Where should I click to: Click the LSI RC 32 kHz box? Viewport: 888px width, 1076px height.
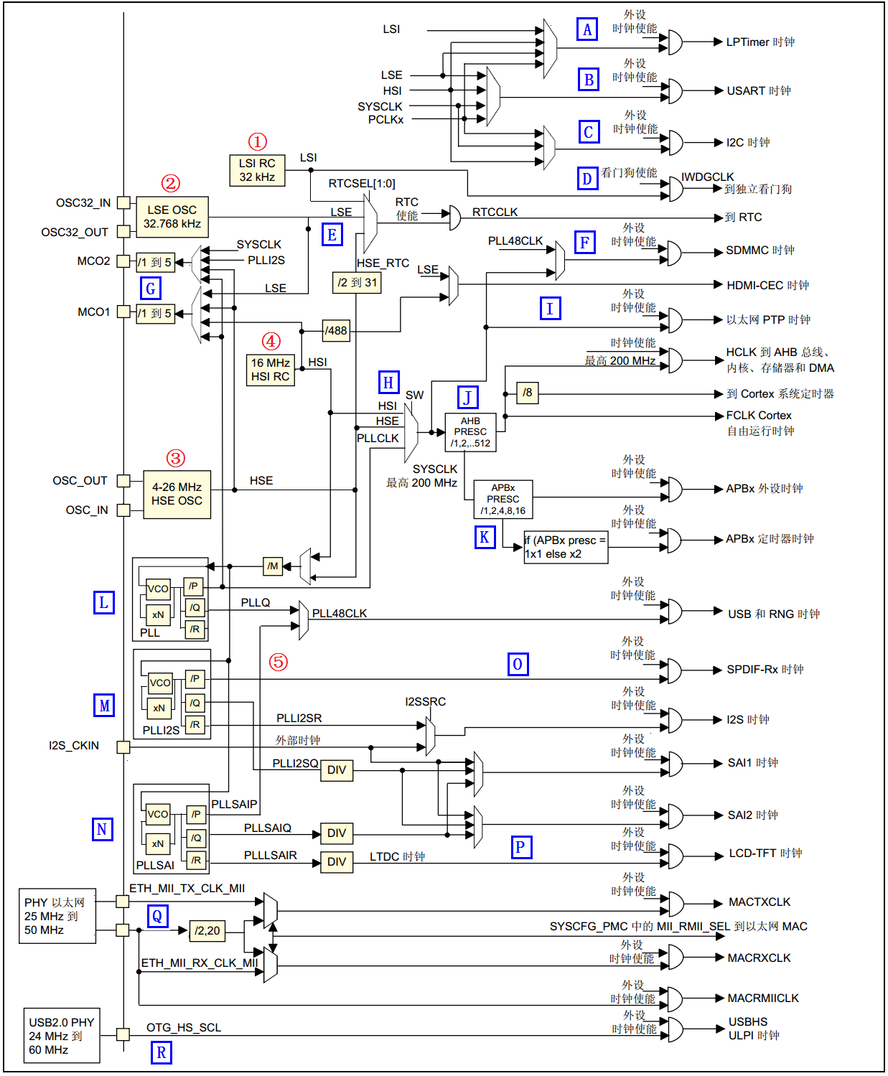click(x=257, y=171)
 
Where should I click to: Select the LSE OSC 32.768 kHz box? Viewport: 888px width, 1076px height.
click(x=172, y=217)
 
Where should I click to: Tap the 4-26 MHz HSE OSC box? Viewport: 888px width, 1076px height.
click(x=177, y=494)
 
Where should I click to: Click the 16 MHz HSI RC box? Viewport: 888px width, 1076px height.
click(x=271, y=370)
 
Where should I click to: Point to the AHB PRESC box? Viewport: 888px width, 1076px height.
click(x=470, y=432)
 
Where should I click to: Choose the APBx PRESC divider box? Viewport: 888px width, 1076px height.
click(x=503, y=499)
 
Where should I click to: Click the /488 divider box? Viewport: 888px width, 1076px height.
click(x=336, y=331)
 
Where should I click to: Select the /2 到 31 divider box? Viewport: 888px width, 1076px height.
click(x=357, y=283)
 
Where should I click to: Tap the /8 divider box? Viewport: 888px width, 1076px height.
click(x=528, y=393)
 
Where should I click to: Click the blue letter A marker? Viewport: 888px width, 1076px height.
click(x=587, y=29)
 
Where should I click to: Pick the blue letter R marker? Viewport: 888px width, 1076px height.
click(x=162, y=1052)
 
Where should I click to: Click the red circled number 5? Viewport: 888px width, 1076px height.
click(x=279, y=662)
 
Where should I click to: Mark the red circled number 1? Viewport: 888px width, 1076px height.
click(x=258, y=141)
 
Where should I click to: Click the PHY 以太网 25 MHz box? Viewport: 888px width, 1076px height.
click(x=57, y=916)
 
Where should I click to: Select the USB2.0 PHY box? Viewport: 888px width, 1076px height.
click(x=61, y=1036)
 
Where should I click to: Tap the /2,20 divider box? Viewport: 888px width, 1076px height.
click(x=207, y=931)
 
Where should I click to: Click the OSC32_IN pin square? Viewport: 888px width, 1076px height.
click(x=123, y=203)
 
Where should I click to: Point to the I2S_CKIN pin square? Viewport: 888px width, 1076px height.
click(x=123, y=747)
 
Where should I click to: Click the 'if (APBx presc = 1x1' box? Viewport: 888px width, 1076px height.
click(x=566, y=547)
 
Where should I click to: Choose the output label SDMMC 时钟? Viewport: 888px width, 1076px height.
click(x=760, y=251)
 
